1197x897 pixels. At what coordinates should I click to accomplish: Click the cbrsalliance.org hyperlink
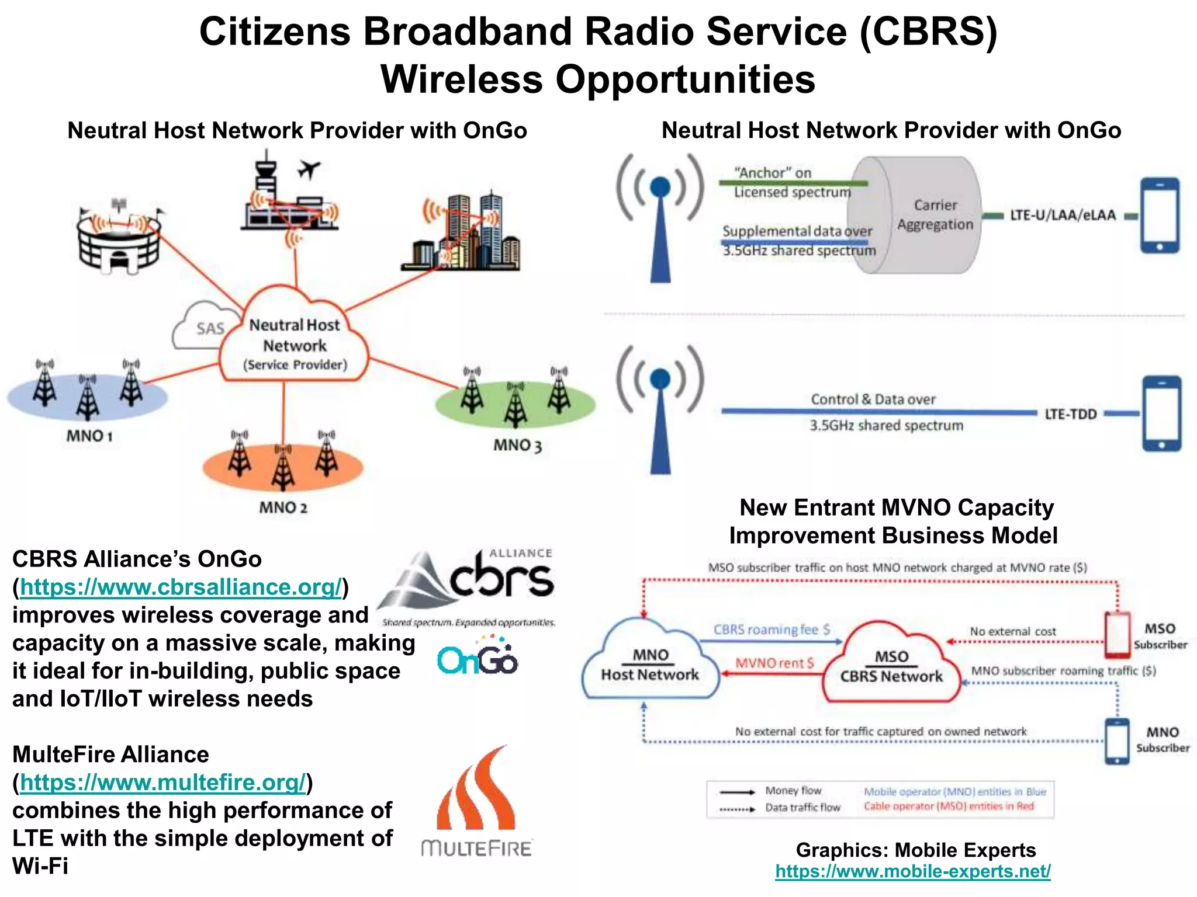180,587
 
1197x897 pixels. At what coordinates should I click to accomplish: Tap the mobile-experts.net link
912,871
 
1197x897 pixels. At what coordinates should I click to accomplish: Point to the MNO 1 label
89,436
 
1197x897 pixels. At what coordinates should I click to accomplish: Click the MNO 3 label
517,446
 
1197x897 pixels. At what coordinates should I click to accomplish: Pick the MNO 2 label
283,507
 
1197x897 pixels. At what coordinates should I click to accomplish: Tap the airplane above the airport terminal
309,169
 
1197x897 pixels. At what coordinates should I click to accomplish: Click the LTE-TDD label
1070,414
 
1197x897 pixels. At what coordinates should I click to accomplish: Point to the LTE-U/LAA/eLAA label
1063,215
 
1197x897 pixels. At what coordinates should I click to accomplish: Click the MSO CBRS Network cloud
891,666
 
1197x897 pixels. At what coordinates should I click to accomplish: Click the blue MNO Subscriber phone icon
1117,740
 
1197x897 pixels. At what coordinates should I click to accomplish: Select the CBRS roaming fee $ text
771,630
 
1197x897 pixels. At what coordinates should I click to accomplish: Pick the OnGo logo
478,658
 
